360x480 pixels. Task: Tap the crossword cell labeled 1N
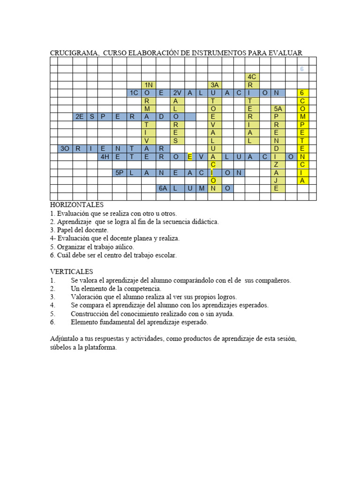pos(149,85)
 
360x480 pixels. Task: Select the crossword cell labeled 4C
pos(252,77)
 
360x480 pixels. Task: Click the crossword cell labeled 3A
pos(215,85)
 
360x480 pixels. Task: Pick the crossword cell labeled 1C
pos(134,93)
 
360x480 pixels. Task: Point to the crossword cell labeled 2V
pos(176,93)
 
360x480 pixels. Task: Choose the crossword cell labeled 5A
pos(277,109)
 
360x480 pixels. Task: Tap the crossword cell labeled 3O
pos(65,149)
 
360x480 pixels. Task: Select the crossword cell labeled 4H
pos(105,157)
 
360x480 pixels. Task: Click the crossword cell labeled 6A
pos(162,188)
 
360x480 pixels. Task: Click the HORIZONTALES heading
pos(76,205)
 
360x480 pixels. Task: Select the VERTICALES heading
pos(72,272)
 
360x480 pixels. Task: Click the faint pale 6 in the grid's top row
pos(302,69)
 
